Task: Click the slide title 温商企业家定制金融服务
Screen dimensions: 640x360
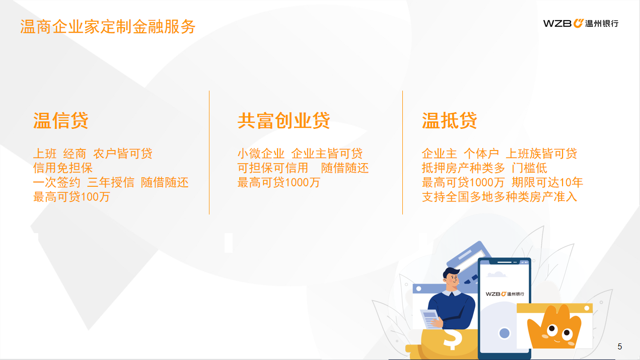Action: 108,27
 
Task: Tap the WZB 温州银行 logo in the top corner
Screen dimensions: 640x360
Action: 581,24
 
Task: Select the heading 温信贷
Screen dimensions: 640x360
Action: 61,120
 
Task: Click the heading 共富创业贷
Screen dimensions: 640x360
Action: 283,120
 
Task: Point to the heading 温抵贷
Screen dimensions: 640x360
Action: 450,120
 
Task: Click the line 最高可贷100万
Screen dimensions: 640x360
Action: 72,197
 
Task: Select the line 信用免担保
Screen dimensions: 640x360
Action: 63,168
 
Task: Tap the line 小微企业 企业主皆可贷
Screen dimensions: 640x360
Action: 300,154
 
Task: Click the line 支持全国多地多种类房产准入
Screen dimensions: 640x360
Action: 500,197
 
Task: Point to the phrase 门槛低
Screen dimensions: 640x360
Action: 529,168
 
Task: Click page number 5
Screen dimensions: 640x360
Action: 620,346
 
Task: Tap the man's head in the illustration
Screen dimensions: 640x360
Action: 452,278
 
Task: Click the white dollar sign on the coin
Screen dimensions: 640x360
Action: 453,339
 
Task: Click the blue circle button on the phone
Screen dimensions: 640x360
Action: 504,333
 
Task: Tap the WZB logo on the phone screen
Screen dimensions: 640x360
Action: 505,294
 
